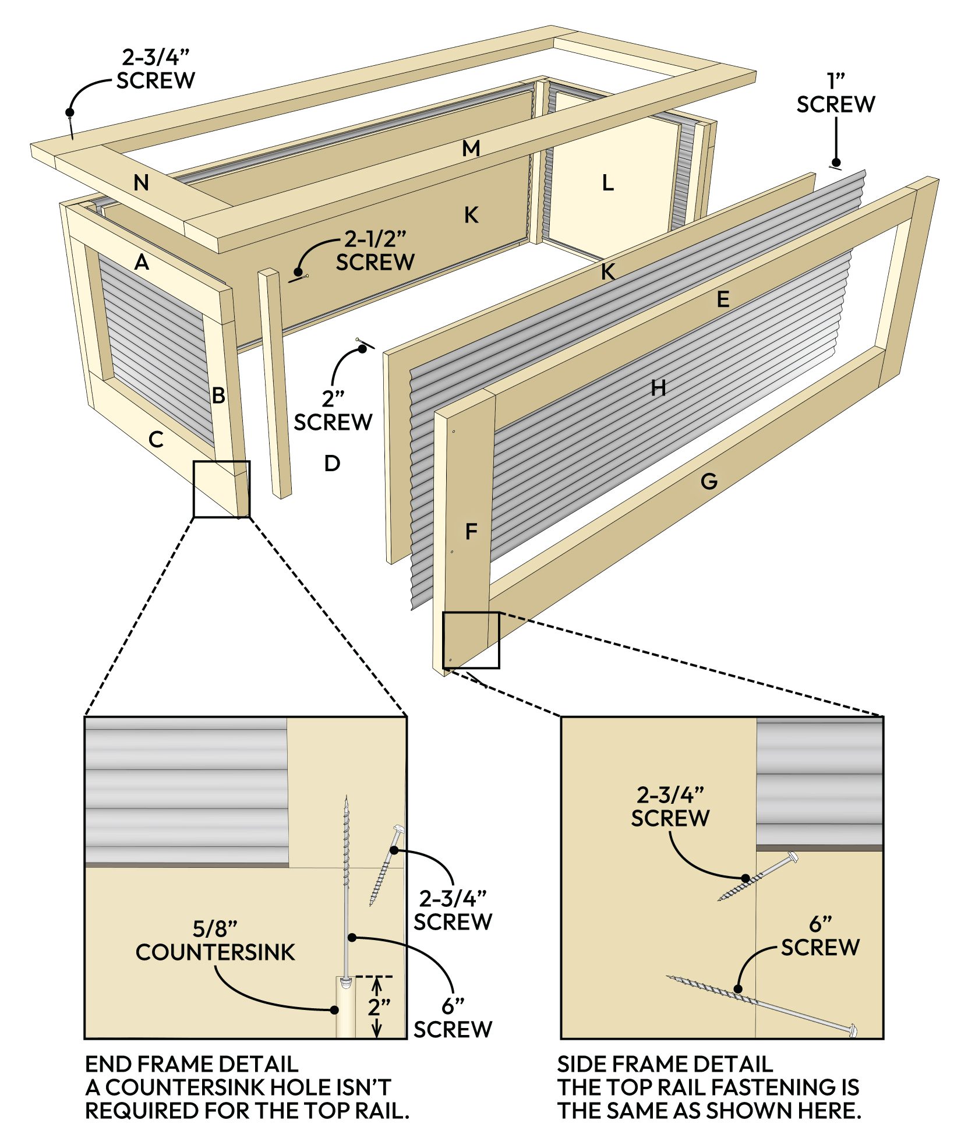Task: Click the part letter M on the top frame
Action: pyautogui.click(x=471, y=149)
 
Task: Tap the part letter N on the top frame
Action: pyautogui.click(x=141, y=183)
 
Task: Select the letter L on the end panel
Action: pyautogui.click(x=607, y=183)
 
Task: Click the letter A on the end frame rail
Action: pyautogui.click(x=142, y=263)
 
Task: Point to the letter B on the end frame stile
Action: pyautogui.click(x=218, y=396)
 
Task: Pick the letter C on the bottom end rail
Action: pyautogui.click(x=156, y=439)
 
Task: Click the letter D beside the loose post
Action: pyautogui.click(x=332, y=464)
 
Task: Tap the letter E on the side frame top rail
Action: pyautogui.click(x=723, y=299)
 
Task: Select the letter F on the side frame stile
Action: pyautogui.click(x=471, y=531)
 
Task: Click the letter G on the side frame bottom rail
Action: pyautogui.click(x=709, y=481)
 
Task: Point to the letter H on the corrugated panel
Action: pyautogui.click(x=658, y=387)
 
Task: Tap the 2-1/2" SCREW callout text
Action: pyautogui.click(x=375, y=251)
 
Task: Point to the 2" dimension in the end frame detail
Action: pyautogui.click(x=379, y=1006)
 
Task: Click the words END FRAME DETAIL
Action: pyautogui.click(x=192, y=1065)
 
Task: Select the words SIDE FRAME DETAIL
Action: pyautogui.click(x=665, y=1065)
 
